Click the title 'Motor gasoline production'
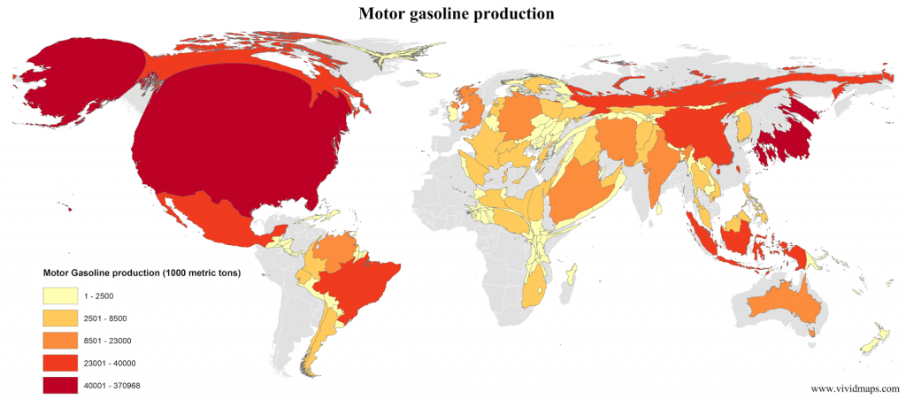point(456,13)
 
